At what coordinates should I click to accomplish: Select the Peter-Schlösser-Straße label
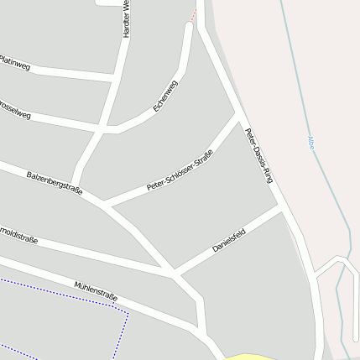[179, 170]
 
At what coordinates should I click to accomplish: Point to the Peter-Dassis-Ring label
[259, 155]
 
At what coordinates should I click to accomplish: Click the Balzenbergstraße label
[55, 184]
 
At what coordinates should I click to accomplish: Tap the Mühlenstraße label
[96, 291]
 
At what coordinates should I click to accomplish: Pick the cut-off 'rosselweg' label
[14, 109]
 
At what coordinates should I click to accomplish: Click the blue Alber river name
[312, 143]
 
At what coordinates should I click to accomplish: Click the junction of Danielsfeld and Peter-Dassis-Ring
[281, 205]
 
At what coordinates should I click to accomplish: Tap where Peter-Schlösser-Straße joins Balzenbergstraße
[104, 204]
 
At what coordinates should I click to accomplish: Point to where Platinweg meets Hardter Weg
[116, 78]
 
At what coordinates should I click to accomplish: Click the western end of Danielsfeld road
[175, 273]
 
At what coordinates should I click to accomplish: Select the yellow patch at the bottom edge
[249, 356]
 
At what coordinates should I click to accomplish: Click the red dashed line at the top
[195, 12]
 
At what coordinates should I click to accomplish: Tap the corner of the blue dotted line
[127, 313]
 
